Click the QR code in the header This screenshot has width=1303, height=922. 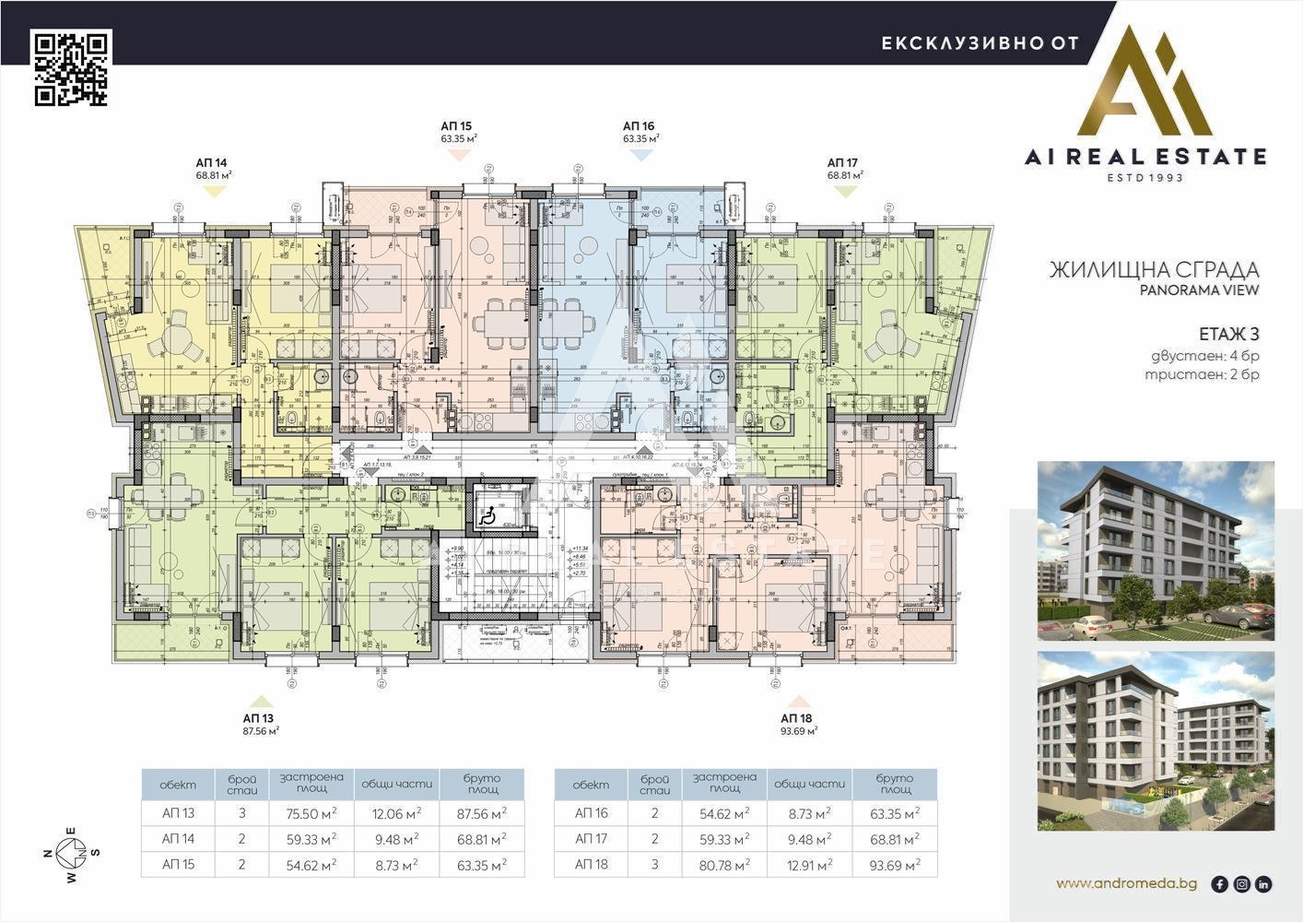pyautogui.click(x=72, y=68)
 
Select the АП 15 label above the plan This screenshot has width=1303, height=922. pyautogui.click(x=458, y=126)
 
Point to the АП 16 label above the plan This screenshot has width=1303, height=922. pyautogui.click(x=639, y=126)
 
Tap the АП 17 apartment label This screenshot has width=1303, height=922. pyautogui.click(x=843, y=161)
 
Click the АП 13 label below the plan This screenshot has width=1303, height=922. pyautogui.click(x=259, y=717)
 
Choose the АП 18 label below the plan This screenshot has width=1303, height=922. pyautogui.click(x=797, y=717)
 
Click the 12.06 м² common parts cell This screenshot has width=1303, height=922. pyautogui.click(x=397, y=813)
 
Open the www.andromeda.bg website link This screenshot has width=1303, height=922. pyautogui.click(x=1126, y=883)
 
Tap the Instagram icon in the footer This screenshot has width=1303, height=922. pyautogui.click(x=1241, y=884)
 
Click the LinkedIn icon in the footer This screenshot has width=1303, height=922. pyautogui.click(x=1263, y=884)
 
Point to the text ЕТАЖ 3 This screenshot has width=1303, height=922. pyautogui.click(x=1228, y=334)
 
